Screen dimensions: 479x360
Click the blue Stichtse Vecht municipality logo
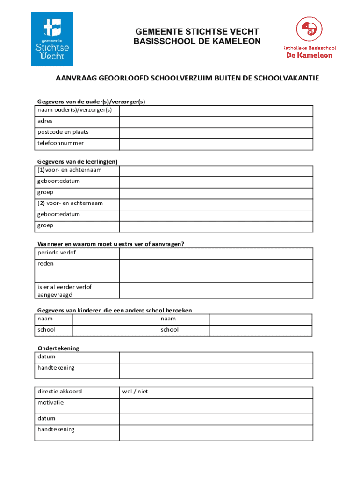coord(52,39)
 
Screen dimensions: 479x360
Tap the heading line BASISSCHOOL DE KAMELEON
coord(197,42)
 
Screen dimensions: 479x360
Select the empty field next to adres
coord(216,122)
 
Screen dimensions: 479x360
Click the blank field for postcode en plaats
coord(216,133)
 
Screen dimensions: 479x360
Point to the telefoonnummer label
coord(61,143)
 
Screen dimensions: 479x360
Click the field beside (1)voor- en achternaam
coord(216,170)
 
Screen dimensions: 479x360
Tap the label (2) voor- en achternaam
coord(70,203)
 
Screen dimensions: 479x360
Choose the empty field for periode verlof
coord(216,253)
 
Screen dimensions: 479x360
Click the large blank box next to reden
coord(216,270)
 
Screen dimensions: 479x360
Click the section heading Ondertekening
coord(58,348)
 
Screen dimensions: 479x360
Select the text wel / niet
coord(135,392)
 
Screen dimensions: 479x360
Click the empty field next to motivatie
coord(216,406)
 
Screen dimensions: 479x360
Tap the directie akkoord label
coord(59,392)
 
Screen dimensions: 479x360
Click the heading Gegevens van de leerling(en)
coord(78,162)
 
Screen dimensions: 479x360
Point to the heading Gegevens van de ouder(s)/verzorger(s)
coord(92,102)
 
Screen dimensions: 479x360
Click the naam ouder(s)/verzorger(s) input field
coord(216,110)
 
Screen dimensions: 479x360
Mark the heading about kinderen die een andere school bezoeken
coord(115,311)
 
